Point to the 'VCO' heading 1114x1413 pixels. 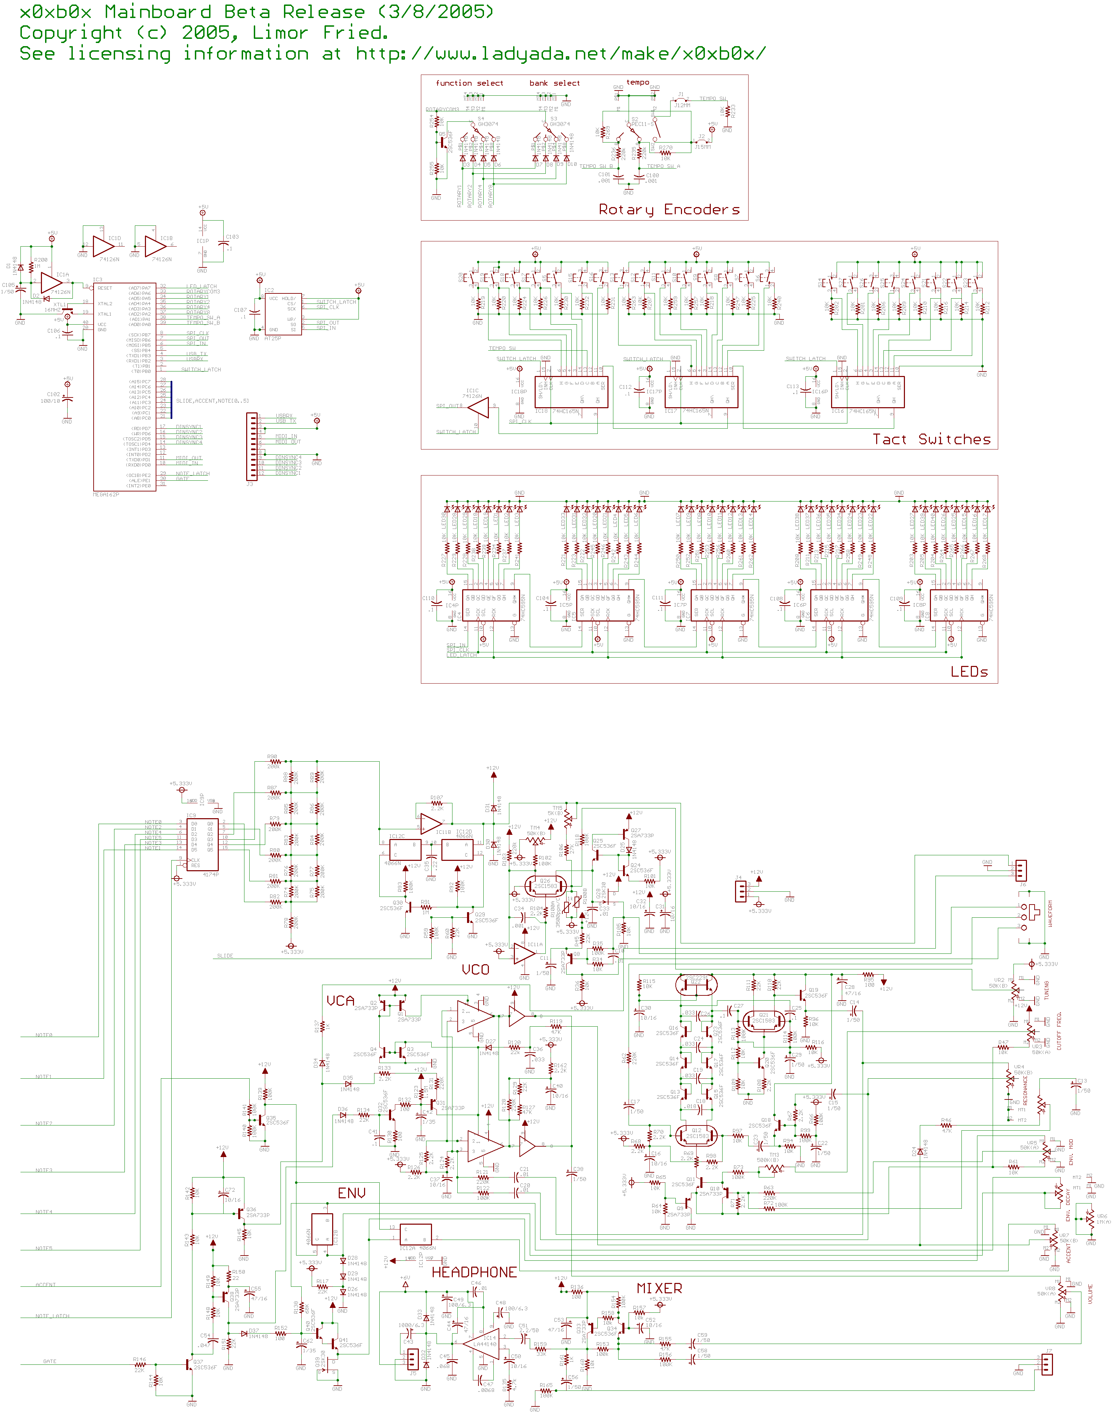click(475, 969)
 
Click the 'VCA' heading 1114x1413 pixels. click(340, 1001)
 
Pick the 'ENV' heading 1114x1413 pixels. click(352, 1193)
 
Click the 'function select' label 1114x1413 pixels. click(469, 83)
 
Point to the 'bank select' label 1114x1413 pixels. click(554, 83)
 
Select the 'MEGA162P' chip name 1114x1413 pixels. click(106, 495)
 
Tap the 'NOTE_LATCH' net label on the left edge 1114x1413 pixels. click(52, 1316)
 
